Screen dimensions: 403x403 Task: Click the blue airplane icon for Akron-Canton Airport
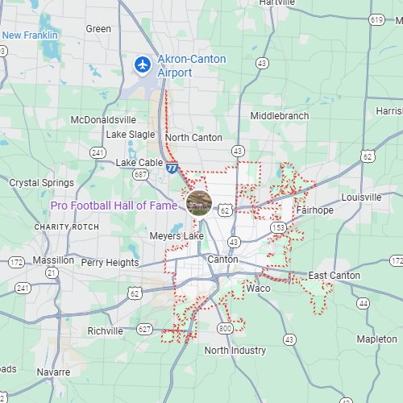tap(143, 63)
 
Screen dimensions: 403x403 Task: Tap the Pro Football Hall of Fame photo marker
tap(199, 202)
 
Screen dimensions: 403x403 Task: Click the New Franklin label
tap(30, 35)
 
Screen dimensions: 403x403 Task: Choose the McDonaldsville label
tap(104, 120)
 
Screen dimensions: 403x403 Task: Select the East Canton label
tap(334, 276)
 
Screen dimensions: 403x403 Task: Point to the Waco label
tap(259, 288)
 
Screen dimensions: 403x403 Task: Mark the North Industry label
tap(235, 351)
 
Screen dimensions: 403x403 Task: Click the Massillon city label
tap(53, 260)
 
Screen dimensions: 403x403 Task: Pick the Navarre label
tap(53, 372)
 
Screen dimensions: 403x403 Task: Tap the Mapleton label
tap(376, 339)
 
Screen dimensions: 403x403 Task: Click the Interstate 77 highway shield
tap(172, 168)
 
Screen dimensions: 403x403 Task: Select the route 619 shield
tap(376, 19)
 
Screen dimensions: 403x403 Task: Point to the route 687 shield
tap(141, 174)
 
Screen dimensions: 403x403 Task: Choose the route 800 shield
tap(225, 328)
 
